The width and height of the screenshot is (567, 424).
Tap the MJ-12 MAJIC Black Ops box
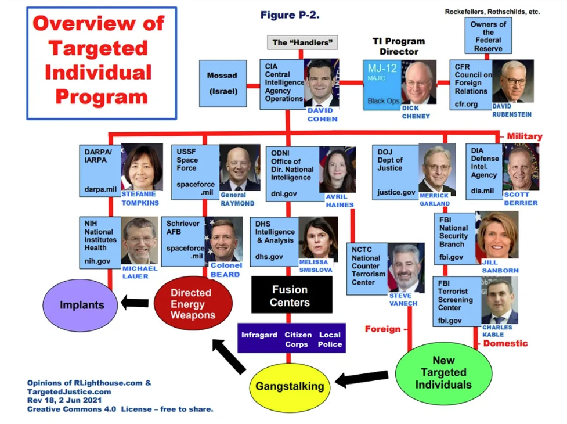(x=384, y=85)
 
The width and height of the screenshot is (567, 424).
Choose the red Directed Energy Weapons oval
(x=193, y=304)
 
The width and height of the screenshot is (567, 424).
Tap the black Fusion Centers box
(x=291, y=294)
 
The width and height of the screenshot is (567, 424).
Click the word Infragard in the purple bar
(x=259, y=335)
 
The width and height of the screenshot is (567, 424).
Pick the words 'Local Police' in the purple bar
(x=330, y=339)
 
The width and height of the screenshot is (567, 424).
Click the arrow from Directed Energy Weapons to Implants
(x=135, y=303)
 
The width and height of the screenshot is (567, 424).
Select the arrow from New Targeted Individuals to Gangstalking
(x=362, y=379)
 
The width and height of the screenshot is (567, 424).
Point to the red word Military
(x=524, y=136)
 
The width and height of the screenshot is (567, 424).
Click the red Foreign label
(x=382, y=329)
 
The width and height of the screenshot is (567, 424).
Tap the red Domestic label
(x=505, y=343)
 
